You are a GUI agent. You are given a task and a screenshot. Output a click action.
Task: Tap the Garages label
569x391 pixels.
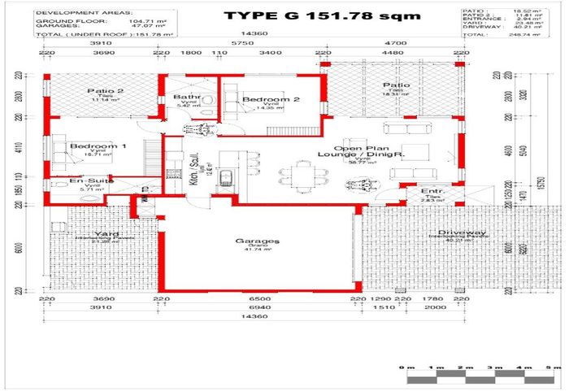point(258,241)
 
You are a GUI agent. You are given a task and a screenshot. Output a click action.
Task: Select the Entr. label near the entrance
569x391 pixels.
point(431,191)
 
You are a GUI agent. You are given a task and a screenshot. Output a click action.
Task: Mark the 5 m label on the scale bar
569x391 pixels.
point(552,367)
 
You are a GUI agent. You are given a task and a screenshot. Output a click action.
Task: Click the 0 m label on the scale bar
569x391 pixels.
point(409,367)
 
